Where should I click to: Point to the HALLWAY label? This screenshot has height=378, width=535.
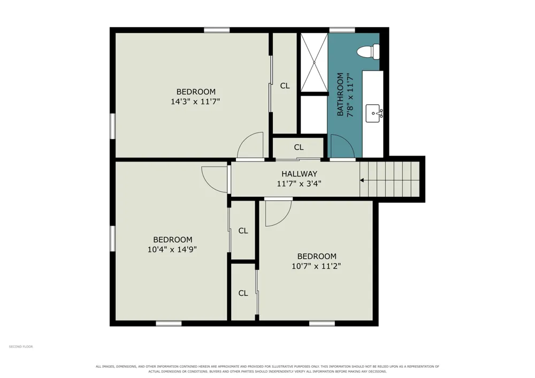[299, 174]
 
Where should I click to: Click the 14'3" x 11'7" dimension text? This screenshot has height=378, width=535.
[195, 102]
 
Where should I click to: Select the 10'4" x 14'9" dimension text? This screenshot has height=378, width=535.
[172, 250]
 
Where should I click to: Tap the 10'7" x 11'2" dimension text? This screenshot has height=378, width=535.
[316, 266]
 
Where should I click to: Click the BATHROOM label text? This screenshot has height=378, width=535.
[340, 95]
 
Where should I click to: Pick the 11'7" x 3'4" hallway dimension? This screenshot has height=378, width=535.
[299, 184]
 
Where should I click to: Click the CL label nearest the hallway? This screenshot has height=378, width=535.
[299, 147]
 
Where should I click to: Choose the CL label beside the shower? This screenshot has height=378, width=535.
[285, 86]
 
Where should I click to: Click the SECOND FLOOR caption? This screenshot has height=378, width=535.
[21, 346]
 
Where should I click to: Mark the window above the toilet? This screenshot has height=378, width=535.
[342, 30]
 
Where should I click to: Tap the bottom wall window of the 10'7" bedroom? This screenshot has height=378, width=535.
[322, 323]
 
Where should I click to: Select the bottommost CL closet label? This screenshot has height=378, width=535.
[243, 293]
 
